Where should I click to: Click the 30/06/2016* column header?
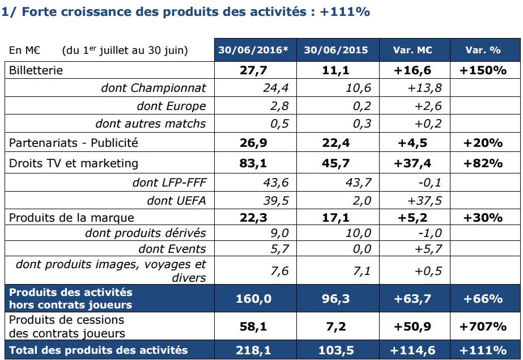click(254, 50)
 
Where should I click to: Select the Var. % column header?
click(483, 50)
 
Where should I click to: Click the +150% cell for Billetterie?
click(484, 70)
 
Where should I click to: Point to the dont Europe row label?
click(171, 106)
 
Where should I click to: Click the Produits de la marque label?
click(71, 218)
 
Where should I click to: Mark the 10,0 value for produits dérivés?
click(359, 233)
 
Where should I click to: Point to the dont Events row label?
click(172, 249)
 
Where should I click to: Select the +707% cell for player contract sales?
click(484, 326)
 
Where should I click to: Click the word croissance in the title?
click(83, 11)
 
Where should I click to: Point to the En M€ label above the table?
click(24, 50)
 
